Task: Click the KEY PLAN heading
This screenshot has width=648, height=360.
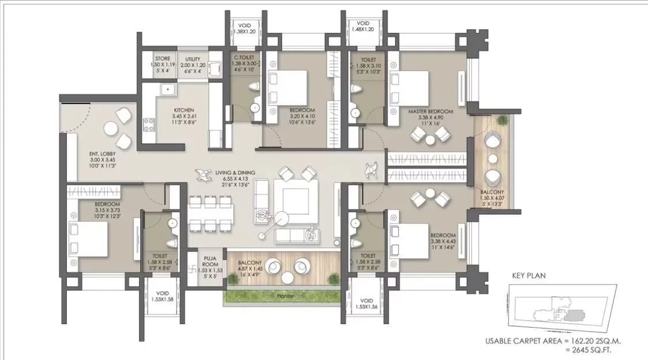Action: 529,276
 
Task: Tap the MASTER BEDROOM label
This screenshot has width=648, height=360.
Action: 430,111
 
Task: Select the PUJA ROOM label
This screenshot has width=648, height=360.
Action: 209,261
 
